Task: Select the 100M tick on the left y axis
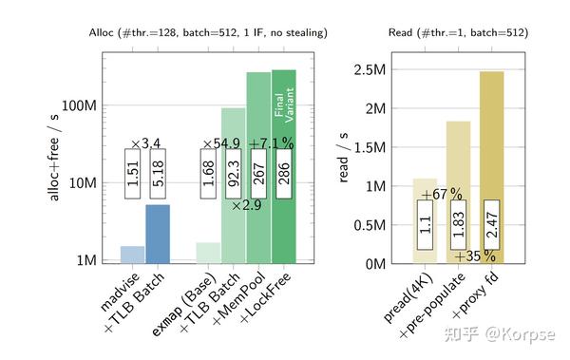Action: pyautogui.click(x=80, y=104)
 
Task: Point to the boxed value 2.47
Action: pyautogui.click(x=491, y=225)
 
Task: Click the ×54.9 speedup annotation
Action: pyautogui.click(x=221, y=144)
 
